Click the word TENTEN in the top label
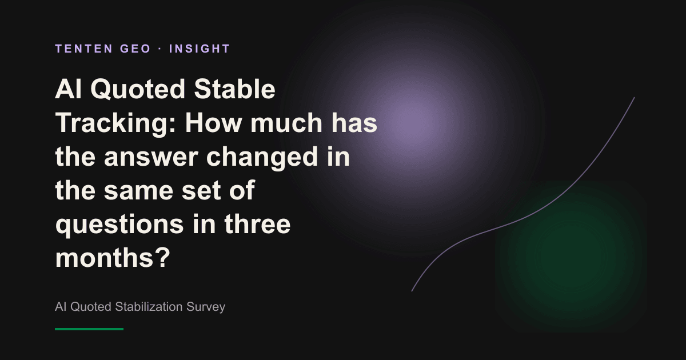pyautogui.click(x=84, y=49)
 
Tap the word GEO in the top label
pyautogui.click(x=135, y=49)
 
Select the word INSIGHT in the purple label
pyautogui.click(x=200, y=49)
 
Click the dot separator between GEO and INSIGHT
pyautogui.click(x=160, y=49)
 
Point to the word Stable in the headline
pyautogui.click(x=234, y=89)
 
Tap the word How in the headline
pyautogui.click(x=213, y=123)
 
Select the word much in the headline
pyautogui.click(x=286, y=123)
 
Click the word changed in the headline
pyautogui.click(x=262, y=157)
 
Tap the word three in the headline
pyautogui.click(x=257, y=224)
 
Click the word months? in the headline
pyautogui.click(x=113, y=258)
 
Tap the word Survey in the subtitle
pyautogui.click(x=206, y=307)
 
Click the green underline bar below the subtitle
pyautogui.click(x=89, y=329)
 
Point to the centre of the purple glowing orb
pyautogui.click(x=412, y=124)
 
